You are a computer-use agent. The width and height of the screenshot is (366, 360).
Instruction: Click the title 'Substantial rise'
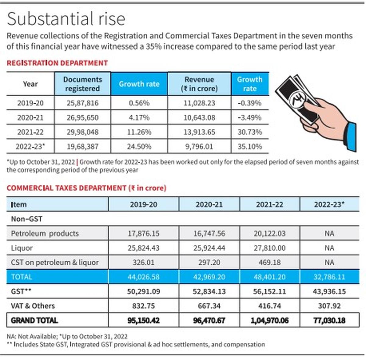click(66, 19)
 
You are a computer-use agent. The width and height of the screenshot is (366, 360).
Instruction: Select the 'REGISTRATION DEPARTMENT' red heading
click(57, 63)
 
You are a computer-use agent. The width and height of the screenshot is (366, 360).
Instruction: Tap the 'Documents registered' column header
click(82, 84)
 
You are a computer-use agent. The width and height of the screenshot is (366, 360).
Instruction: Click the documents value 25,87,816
click(82, 103)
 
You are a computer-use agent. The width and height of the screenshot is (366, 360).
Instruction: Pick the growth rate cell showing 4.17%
click(139, 118)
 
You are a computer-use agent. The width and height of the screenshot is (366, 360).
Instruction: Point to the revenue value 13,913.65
click(199, 132)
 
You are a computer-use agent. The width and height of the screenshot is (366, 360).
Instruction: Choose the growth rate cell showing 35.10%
click(250, 147)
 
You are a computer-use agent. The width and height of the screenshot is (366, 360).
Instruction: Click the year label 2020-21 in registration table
click(30, 118)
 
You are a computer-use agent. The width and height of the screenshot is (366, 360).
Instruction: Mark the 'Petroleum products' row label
click(45, 233)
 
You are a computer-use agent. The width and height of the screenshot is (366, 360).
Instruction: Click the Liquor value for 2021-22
click(270, 248)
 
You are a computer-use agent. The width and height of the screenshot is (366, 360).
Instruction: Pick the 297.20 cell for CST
click(209, 262)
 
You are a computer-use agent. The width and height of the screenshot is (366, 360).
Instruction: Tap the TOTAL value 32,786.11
click(329, 277)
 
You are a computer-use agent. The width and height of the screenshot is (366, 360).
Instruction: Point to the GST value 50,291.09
click(143, 292)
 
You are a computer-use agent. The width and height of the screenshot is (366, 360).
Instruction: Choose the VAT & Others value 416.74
click(270, 306)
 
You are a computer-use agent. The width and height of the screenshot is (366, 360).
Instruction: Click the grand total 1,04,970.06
click(270, 321)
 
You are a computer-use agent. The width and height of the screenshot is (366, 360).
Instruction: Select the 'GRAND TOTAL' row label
click(34, 321)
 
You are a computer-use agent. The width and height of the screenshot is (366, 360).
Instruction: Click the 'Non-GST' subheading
click(27, 219)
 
